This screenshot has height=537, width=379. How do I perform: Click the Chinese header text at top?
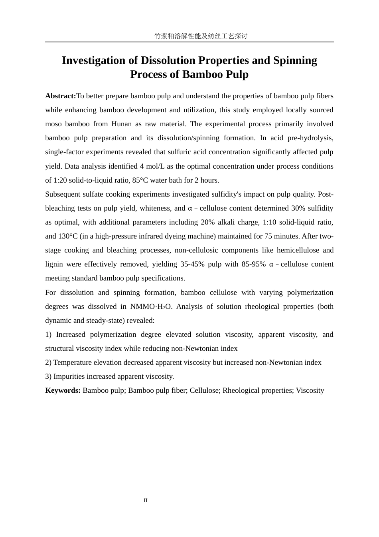pos(201,36)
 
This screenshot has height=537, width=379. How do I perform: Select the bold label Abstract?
pos(61,96)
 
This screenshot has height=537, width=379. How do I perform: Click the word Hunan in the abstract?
pos(121,124)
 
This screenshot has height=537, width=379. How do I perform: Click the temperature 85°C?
pos(140,180)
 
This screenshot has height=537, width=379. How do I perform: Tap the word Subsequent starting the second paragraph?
pos(63,194)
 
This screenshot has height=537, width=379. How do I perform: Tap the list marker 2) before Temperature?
pos(48,362)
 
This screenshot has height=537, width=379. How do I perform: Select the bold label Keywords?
pos(63,390)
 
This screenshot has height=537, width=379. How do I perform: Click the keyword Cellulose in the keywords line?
pos(204,390)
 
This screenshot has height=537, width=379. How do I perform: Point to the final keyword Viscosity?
pos(310,390)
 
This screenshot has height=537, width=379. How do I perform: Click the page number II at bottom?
pos(146,501)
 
